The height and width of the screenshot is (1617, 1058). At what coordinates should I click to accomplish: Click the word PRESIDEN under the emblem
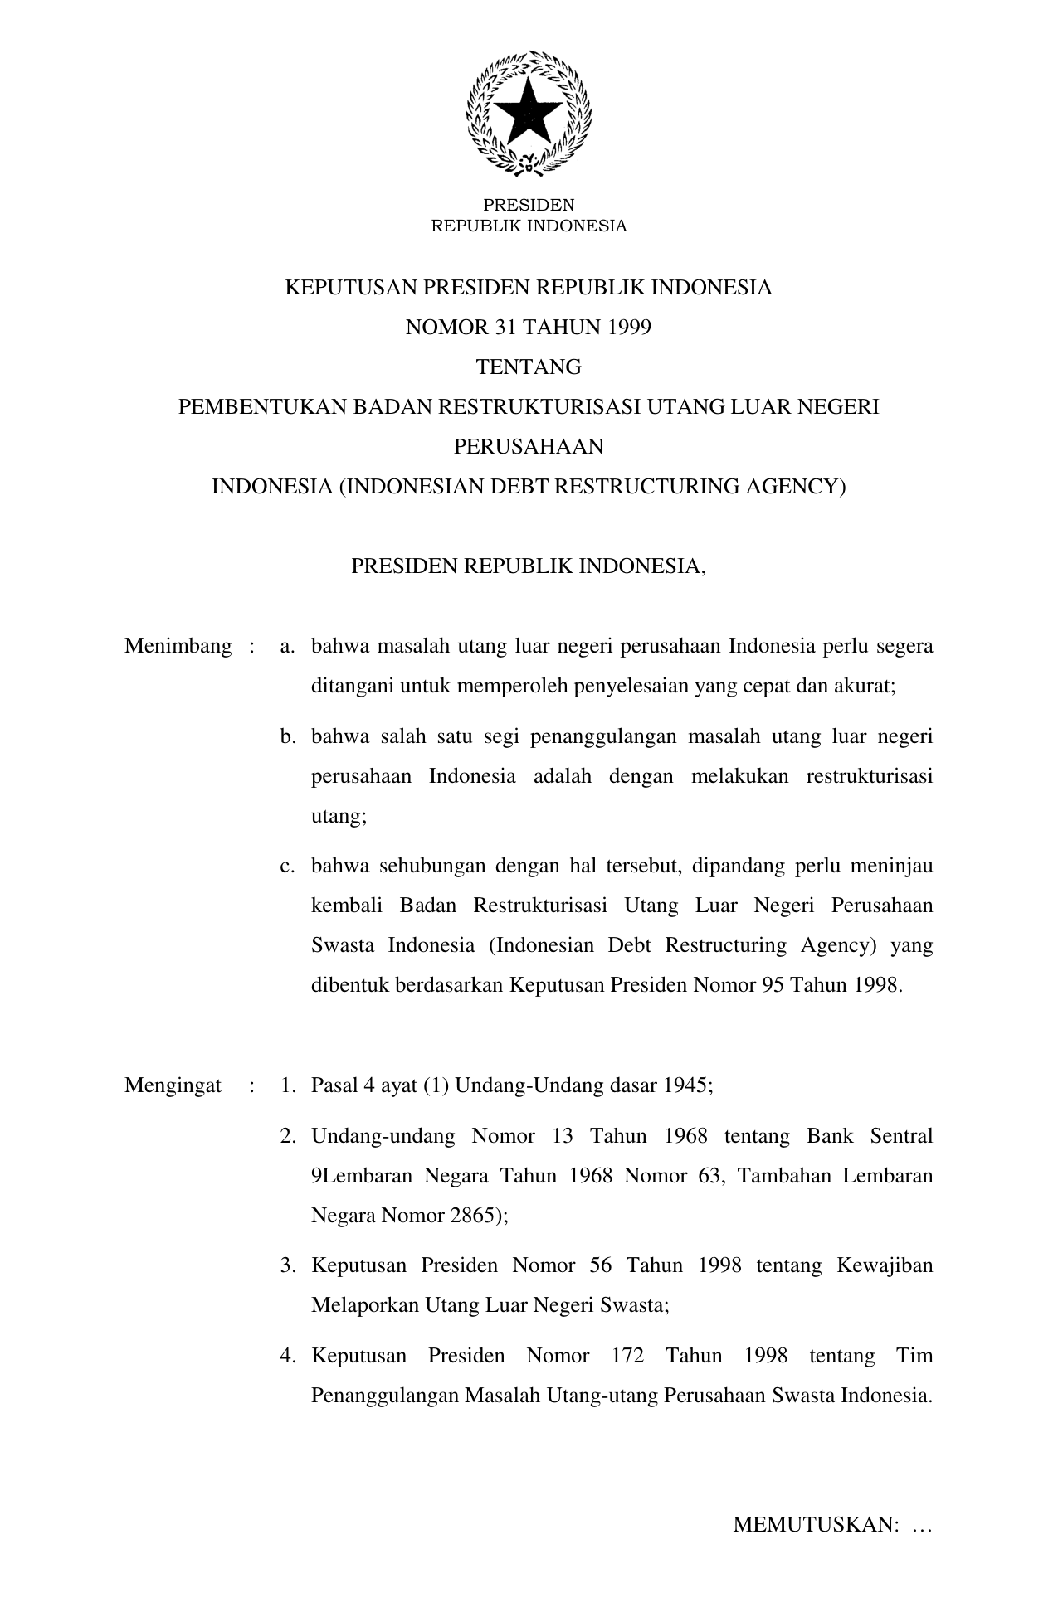(529, 205)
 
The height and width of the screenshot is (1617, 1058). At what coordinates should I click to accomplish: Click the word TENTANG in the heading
(529, 367)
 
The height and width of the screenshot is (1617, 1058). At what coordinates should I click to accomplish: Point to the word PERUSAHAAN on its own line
(529, 447)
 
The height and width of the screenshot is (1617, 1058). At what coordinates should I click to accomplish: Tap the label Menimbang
(178, 647)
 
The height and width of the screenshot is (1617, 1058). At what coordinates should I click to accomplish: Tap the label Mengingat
(173, 1086)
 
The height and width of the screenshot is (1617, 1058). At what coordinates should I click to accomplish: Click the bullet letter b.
(287, 737)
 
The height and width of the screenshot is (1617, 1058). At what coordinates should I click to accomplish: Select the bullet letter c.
(287, 867)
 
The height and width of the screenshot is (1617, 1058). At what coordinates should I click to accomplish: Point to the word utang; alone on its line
(339, 817)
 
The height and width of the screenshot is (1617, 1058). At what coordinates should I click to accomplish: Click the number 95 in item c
(773, 986)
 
